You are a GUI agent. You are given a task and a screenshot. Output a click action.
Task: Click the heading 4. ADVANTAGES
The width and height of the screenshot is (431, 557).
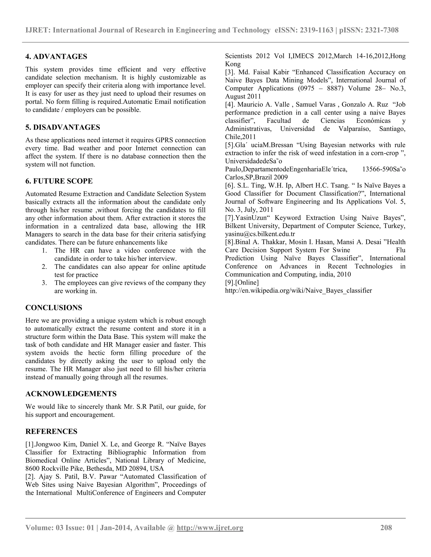[x=56, y=57]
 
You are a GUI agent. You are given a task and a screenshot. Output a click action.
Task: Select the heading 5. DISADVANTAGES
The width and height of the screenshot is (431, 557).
[x=63, y=127]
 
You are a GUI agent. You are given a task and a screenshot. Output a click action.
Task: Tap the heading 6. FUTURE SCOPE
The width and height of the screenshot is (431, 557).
[x=59, y=181]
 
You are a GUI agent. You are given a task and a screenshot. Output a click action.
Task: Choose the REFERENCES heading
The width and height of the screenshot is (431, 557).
[x=51, y=431]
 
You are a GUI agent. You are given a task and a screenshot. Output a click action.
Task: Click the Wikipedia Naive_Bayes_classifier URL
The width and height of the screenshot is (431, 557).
[x=298, y=290]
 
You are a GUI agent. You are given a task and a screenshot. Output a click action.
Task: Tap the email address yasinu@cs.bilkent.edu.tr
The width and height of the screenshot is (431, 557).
[x=260, y=234]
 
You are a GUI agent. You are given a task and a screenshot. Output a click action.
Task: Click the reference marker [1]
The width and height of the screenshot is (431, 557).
[x=30, y=444]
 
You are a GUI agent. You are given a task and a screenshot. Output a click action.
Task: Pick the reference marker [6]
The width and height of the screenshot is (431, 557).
[x=230, y=185]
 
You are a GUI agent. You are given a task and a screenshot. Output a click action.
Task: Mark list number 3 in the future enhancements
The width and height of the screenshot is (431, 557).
[x=44, y=283]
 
